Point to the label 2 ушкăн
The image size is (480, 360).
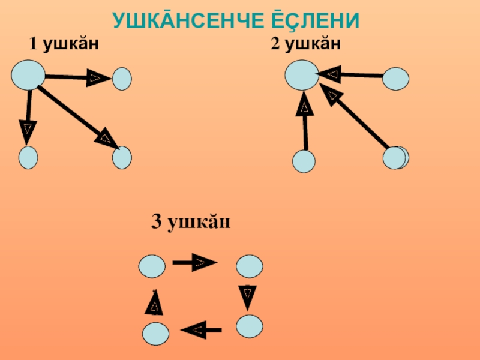(x=305, y=44)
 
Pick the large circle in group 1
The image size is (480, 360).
(x=28, y=75)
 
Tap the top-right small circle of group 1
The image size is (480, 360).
(x=122, y=79)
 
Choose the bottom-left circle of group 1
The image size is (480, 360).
(x=28, y=157)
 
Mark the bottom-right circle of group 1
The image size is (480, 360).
(x=122, y=157)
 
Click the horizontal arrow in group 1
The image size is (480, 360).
(x=78, y=77)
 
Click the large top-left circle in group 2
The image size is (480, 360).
(x=301, y=76)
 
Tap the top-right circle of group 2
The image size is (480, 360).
(x=396, y=79)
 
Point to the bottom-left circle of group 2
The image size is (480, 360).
(x=304, y=161)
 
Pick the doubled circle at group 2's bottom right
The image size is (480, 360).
(x=395, y=158)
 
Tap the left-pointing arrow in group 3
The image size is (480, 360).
(x=200, y=329)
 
